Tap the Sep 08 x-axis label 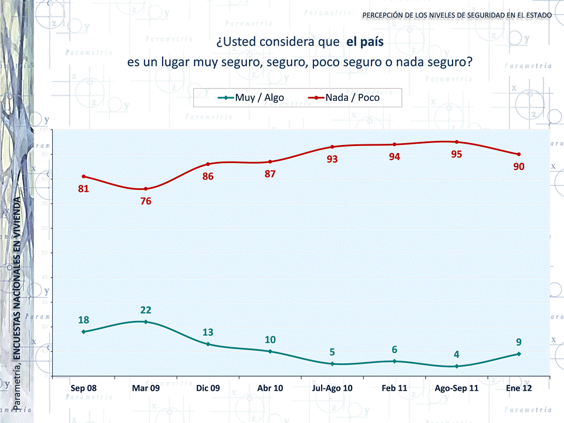83,388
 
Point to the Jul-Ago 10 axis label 332,388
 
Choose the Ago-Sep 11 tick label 456,388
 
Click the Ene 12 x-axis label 519,388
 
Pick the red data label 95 456,154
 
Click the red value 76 146,201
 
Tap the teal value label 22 146,310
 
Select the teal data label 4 456,354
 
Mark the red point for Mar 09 146,189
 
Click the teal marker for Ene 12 519,354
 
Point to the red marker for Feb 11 394,144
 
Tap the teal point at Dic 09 208,344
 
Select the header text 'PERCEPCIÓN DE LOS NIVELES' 411,14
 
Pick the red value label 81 83,189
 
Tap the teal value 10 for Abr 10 270,340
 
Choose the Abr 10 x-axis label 270,388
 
